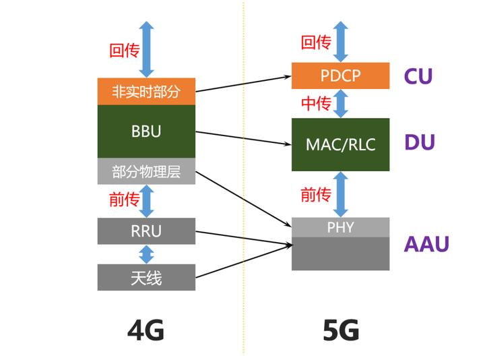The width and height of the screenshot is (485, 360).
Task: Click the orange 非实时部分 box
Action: click(146, 92)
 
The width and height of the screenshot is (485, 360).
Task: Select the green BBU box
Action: click(146, 131)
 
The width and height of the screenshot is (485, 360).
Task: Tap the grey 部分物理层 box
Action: click(146, 172)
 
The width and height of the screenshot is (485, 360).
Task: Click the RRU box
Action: click(146, 231)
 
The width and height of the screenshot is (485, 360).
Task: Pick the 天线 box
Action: click(146, 277)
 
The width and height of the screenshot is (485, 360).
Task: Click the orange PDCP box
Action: click(340, 75)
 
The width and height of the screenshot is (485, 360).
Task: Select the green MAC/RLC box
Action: click(340, 144)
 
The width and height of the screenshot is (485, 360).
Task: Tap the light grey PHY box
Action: click(340, 227)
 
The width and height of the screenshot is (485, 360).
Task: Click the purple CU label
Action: click(418, 76)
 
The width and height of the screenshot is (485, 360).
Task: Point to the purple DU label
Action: click(419, 143)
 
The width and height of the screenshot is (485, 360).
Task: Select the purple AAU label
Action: click(426, 243)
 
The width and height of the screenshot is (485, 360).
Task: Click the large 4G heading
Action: click(146, 330)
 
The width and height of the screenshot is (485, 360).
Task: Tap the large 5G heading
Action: click(340, 330)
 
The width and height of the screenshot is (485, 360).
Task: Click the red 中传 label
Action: click(315, 103)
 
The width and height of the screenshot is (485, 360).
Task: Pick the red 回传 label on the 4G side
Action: click(124, 50)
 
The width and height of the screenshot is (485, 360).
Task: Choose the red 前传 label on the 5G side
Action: click(315, 195)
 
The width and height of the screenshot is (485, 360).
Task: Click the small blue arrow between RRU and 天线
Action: click(146, 254)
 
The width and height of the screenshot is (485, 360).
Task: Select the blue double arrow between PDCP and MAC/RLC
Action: click(341, 103)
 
